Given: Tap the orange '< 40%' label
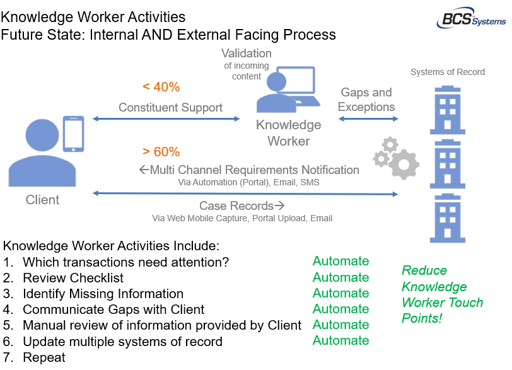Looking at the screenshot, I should coord(161,87).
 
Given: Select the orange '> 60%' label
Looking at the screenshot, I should coord(161,152).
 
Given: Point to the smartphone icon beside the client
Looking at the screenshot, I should coord(74,133).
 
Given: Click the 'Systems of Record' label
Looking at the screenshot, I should coord(448,72).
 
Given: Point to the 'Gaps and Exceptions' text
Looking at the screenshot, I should coord(366,100).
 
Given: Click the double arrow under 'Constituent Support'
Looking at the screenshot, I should coord(166,119).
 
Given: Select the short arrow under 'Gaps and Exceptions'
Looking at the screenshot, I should coord(366,118).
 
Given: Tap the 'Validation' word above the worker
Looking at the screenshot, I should coord(247,54).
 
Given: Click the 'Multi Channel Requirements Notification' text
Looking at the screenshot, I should coord(250,170).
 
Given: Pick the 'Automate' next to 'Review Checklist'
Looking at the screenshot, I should coord(340,277).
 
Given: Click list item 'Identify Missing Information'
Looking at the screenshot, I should coord(103,294).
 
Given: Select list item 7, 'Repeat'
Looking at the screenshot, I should coord(44,357).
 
